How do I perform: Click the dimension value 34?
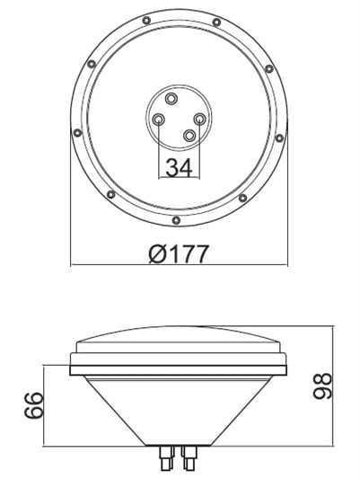click(x=179, y=167)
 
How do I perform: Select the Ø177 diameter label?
click(x=178, y=253)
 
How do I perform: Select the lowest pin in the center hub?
click(x=189, y=135)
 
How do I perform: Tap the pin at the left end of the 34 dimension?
click(x=159, y=120)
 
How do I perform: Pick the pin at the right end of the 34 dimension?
click(x=199, y=119)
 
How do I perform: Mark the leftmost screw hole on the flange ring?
click(x=77, y=133)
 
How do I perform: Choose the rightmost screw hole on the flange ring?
click(x=280, y=137)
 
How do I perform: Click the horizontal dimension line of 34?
click(x=179, y=178)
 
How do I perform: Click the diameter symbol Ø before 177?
click(x=154, y=254)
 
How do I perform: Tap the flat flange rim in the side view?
click(x=180, y=364)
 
